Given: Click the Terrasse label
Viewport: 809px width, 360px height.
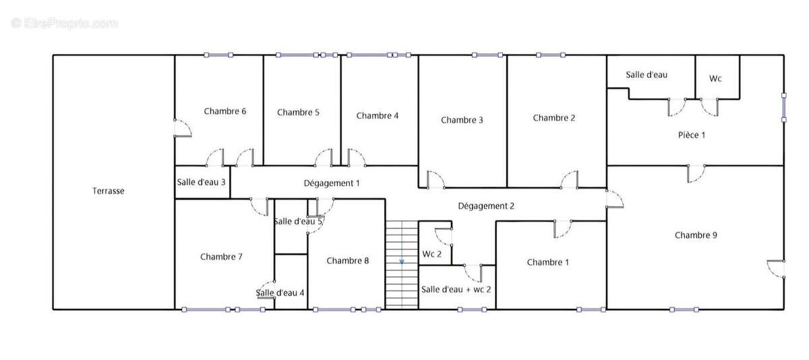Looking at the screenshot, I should click(108, 191).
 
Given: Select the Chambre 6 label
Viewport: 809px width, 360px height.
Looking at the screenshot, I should click(224, 111).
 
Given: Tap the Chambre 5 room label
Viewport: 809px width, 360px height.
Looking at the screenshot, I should click(298, 113).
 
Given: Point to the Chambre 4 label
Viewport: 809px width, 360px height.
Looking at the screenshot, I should click(378, 115).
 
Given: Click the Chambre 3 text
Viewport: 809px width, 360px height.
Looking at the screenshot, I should click(462, 120).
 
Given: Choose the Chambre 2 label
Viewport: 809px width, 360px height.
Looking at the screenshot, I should click(554, 118).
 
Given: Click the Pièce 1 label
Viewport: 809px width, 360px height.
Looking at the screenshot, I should click(691, 135).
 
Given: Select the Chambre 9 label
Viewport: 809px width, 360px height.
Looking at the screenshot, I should click(696, 235).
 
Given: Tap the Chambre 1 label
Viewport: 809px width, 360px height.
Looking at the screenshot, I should click(547, 262).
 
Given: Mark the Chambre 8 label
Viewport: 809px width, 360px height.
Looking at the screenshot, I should click(348, 260).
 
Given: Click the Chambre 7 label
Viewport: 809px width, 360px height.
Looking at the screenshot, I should click(221, 257).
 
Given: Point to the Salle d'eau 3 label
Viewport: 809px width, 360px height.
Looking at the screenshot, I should click(202, 182).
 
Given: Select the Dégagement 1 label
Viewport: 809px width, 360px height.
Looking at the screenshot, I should click(332, 183).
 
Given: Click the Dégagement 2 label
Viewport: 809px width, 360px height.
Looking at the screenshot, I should click(486, 206).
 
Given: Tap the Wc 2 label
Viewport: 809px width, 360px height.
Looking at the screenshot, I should click(432, 254).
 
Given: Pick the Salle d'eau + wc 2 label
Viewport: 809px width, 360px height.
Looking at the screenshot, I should click(456, 289).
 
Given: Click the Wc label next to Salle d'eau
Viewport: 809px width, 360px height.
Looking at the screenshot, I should click(715, 79).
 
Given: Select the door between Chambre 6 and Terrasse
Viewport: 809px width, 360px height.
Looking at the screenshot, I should click(181, 128).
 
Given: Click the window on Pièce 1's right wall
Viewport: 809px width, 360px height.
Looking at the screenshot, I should click(783, 108).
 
